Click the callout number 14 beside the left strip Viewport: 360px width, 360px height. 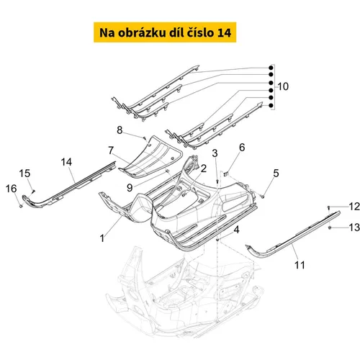click(x=66, y=162)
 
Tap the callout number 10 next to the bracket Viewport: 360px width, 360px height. click(x=283, y=86)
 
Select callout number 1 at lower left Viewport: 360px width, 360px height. click(x=102, y=238)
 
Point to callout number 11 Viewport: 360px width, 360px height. click(x=300, y=265)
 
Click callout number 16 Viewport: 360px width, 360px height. click(x=12, y=189)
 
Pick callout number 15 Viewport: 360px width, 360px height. click(x=24, y=174)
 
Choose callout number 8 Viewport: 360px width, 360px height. click(x=120, y=130)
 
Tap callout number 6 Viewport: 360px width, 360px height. click(x=242, y=148)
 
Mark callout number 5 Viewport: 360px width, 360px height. click(x=276, y=173)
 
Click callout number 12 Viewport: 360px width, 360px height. click(x=354, y=207)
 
